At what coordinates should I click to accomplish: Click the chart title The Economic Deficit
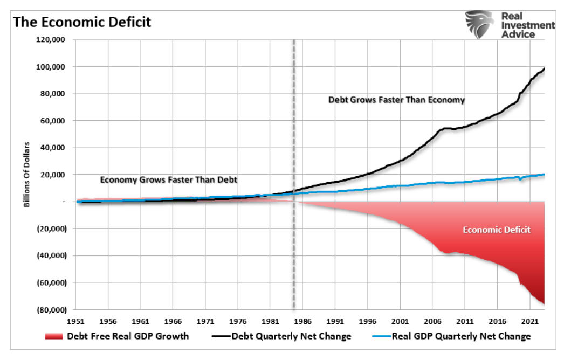(x=82, y=22)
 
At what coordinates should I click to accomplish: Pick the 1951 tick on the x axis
(x=75, y=320)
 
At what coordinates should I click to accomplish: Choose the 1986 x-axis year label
(x=302, y=320)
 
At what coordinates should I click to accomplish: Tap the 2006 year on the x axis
(x=432, y=320)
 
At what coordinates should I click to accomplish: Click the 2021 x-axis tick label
(x=529, y=320)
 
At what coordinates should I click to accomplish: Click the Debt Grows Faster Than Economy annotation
(x=396, y=100)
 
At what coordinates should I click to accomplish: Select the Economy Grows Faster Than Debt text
(x=168, y=180)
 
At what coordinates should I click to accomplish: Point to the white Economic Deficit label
(x=497, y=230)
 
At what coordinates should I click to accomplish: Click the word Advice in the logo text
(x=518, y=34)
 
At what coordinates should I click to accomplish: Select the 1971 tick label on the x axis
(x=205, y=320)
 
